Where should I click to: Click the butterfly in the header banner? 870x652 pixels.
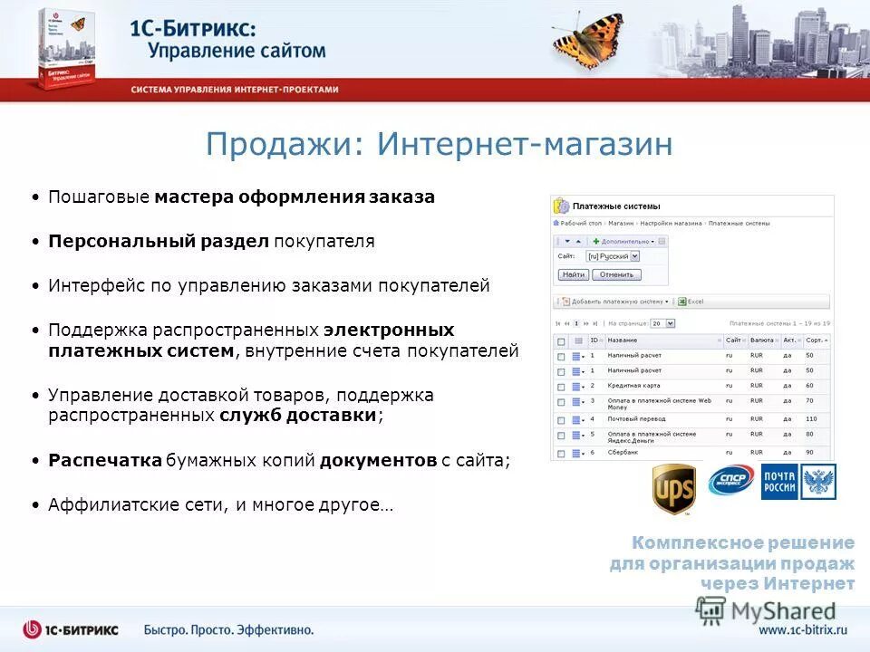589,41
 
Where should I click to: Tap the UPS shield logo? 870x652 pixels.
674,489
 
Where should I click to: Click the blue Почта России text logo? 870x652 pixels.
779,482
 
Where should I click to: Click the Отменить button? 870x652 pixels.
617,274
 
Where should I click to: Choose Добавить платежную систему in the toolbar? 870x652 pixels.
615,302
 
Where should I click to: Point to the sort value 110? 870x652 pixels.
810,419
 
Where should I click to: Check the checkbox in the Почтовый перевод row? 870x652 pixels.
561,419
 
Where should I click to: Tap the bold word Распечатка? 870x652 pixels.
104,461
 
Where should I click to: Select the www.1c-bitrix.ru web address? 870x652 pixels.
802,629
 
